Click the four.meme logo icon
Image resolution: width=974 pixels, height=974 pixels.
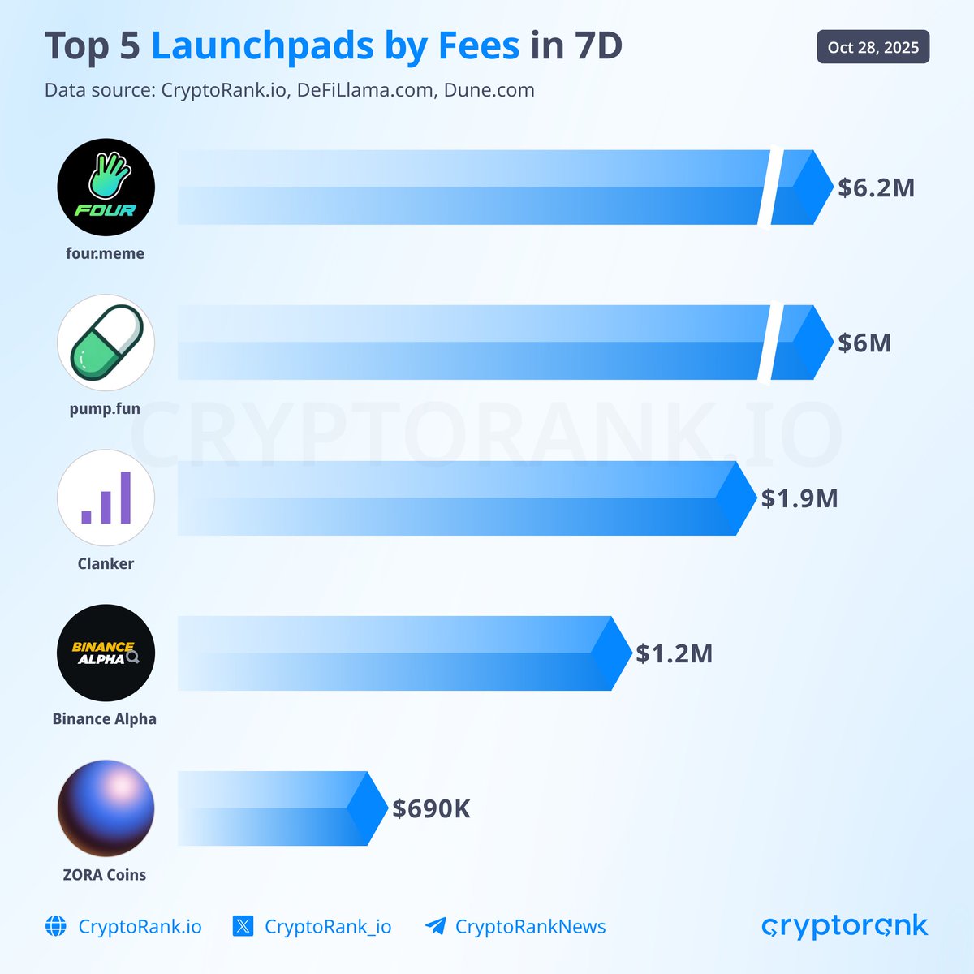(x=106, y=187)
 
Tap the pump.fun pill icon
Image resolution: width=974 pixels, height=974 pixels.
(x=106, y=343)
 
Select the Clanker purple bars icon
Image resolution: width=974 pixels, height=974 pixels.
(x=106, y=498)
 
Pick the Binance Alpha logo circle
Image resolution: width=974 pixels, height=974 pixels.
(x=106, y=653)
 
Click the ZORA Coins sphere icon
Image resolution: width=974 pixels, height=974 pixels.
(x=106, y=808)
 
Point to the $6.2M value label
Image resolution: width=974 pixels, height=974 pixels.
(x=876, y=187)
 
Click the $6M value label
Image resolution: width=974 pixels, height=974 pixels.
(x=864, y=343)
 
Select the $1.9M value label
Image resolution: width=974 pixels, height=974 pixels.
(x=799, y=498)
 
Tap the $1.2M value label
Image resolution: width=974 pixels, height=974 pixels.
(x=674, y=653)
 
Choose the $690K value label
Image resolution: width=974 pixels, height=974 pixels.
(x=431, y=808)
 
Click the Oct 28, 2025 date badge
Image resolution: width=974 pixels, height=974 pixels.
(x=873, y=47)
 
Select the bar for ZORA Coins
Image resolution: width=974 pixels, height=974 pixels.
(x=276, y=808)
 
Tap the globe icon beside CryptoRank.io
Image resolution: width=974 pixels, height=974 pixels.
(x=56, y=926)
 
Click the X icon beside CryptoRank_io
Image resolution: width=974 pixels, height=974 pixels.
(x=243, y=926)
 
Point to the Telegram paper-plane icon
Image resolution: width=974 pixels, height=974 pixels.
(x=435, y=926)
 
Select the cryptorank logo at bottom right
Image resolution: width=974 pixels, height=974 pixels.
(x=844, y=926)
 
